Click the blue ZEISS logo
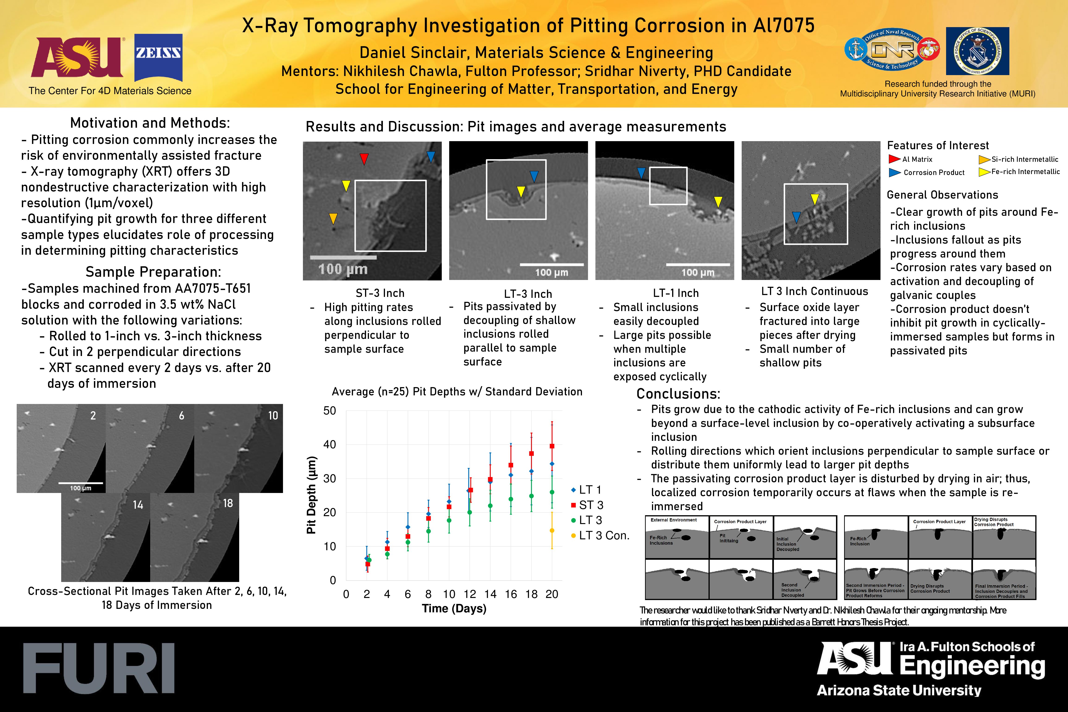coord(159,57)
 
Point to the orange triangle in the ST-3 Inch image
coord(333,219)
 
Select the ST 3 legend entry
coord(588,505)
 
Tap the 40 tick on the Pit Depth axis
coord(330,445)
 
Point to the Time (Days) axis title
coord(454,608)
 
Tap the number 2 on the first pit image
coord(93,416)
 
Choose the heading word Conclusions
coord(678,394)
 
